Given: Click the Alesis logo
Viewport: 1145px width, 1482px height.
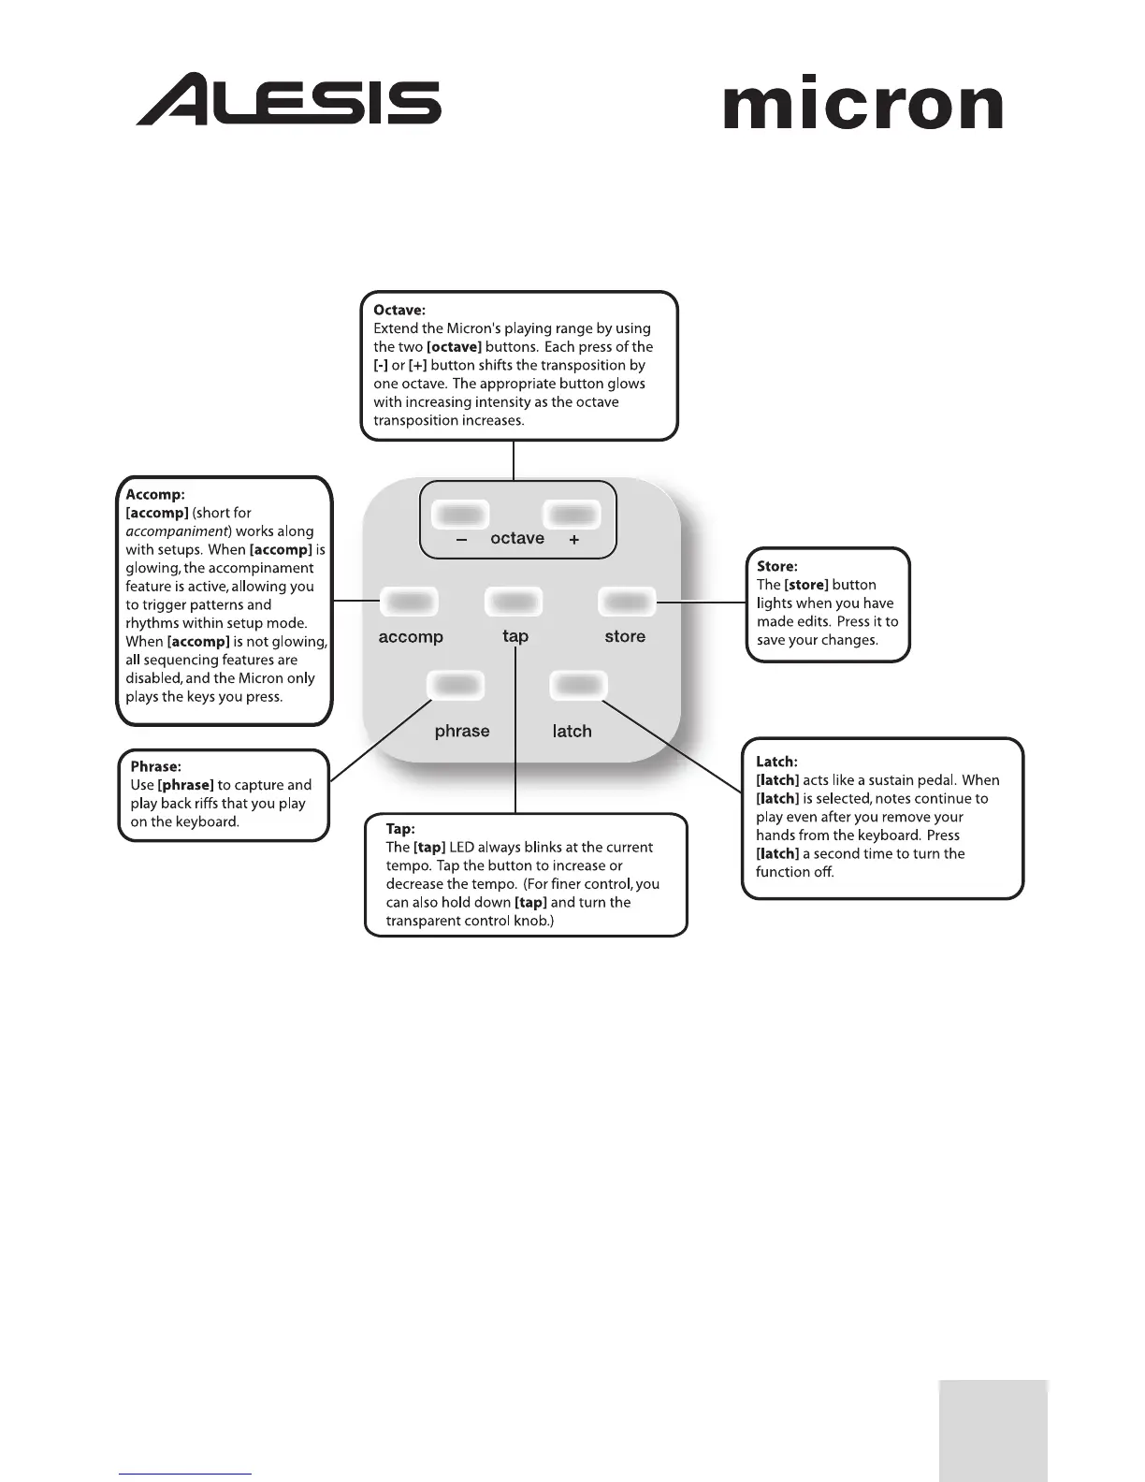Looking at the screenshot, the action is (x=288, y=99).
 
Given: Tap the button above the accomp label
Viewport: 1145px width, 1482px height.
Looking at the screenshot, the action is (x=409, y=602).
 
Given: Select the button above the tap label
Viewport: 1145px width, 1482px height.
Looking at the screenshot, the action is (x=514, y=602).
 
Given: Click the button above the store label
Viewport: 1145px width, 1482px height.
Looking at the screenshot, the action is (x=627, y=602).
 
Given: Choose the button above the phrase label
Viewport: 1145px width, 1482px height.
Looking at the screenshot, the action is (x=456, y=686).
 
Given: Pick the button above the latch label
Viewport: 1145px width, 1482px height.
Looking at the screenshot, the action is (x=578, y=686).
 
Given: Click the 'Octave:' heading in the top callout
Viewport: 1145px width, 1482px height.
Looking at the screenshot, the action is (x=399, y=310).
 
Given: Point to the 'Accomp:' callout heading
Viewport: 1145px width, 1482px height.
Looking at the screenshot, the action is (x=155, y=494).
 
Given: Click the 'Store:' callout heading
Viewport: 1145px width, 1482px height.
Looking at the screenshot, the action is (x=776, y=566).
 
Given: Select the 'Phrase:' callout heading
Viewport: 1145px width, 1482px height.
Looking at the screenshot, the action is (x=155, y=766).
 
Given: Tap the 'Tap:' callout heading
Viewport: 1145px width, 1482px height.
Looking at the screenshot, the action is (x=400, y=829).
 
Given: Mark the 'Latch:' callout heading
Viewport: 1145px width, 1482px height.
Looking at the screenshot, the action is (x=776, y=762).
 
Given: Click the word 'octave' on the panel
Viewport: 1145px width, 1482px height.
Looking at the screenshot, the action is (x=517, y=538).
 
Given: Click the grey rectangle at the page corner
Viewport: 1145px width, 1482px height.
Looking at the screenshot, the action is (x=993, y=1430).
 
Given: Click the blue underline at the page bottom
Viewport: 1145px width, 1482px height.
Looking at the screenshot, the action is (x=185, y=1474).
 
